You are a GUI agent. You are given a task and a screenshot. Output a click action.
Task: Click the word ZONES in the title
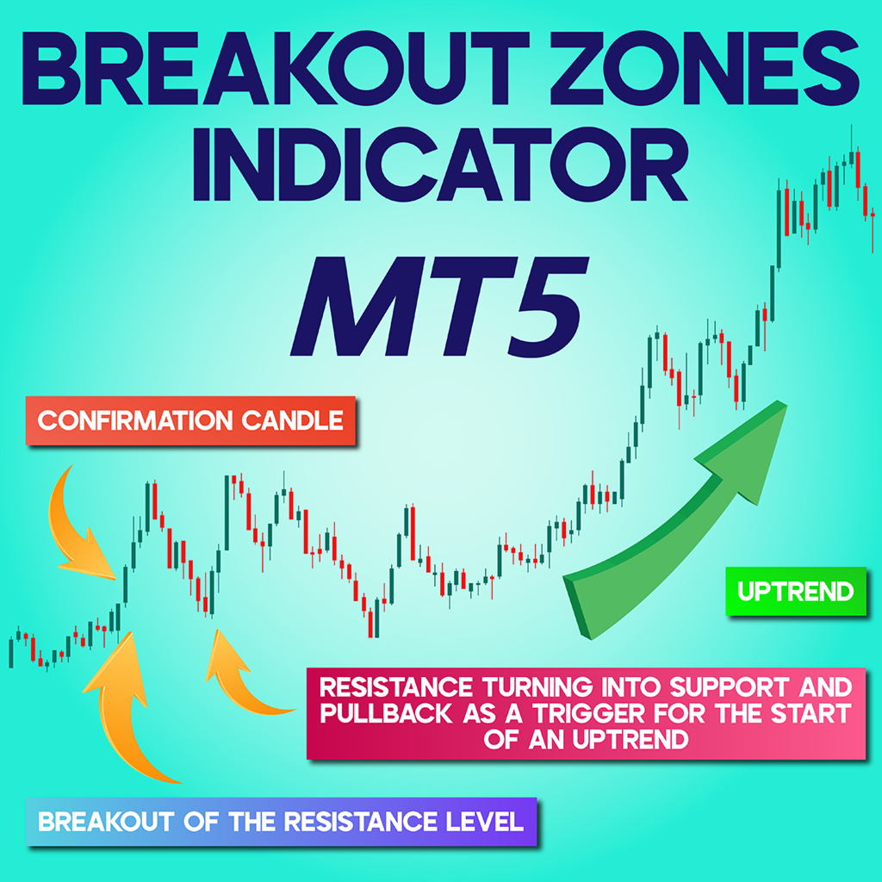coord(705,68)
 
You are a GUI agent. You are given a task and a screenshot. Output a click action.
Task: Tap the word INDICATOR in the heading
coord(440,165)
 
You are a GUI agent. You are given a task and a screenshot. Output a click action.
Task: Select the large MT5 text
coord(439,307)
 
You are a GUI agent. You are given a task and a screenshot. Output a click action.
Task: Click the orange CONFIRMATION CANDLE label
coord(190,420)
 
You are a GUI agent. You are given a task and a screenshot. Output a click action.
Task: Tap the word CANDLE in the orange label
coord(292,420)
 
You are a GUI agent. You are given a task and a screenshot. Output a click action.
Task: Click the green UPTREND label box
coord(795,591)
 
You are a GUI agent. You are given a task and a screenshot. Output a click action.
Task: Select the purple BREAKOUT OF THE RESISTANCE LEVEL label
coord(282,822)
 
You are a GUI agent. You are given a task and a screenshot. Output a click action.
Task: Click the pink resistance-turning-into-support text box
coord(586,714)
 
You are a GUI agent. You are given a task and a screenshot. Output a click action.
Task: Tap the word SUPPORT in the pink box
coord(736,687)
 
